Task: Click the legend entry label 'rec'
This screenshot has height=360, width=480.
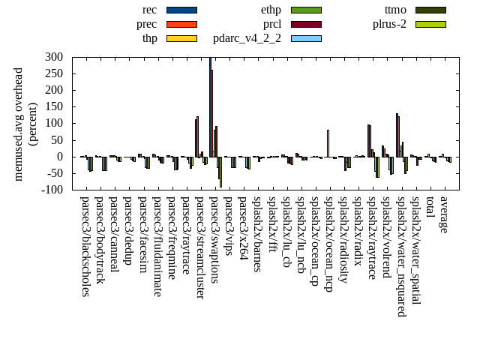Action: point(149,10)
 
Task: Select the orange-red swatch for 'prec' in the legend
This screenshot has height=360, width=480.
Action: point(181,24)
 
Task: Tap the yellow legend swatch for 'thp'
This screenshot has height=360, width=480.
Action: point(181,38)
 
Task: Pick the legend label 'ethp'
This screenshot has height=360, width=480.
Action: point(271,10)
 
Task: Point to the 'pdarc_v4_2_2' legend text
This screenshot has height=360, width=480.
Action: point(247,38)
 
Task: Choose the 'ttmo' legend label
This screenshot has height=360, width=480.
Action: point(395,10)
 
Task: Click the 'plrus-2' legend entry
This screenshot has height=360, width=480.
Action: point(389,24)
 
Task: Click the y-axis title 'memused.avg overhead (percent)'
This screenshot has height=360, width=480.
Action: point(25,124)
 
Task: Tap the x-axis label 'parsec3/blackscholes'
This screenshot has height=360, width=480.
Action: point(85,246)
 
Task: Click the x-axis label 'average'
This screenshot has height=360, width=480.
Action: point(444,214)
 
